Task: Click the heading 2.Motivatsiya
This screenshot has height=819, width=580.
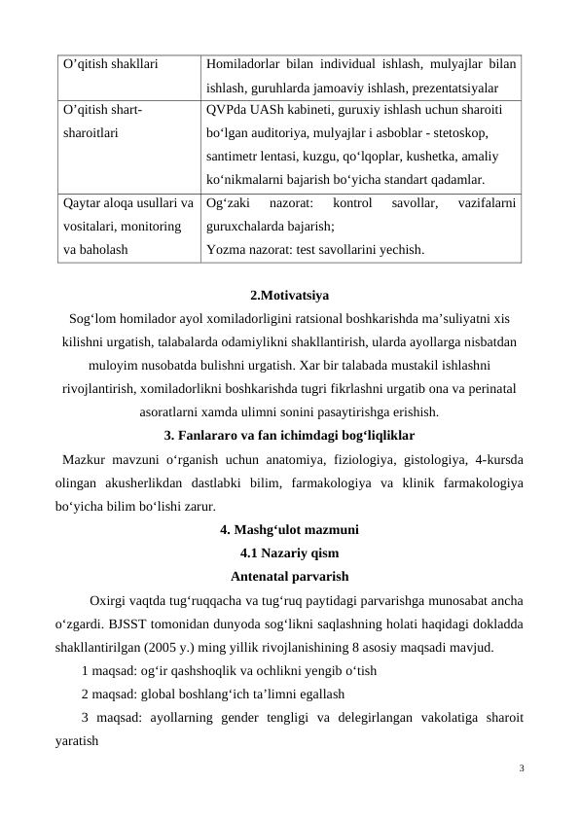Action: coord(289,294)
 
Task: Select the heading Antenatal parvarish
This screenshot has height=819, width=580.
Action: coord(289,575)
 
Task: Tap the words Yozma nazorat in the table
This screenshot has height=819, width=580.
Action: coord(247,249)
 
